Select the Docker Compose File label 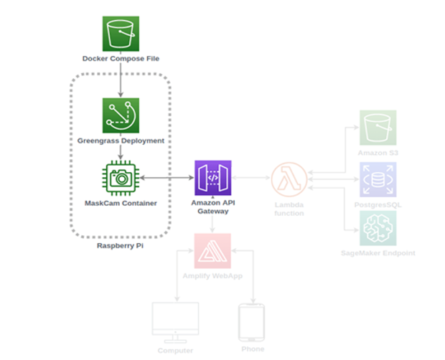coord(121,58)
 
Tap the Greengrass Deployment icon coord(121,115)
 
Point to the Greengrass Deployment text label coord(121,141)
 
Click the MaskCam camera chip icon coord(121,177)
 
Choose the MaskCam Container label coord(121,203)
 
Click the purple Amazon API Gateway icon coord(212,177)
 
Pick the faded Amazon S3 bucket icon coord(378,128)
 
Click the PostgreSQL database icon coord(378,179)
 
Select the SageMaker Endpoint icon coord(378,229)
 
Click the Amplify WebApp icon coord(212,251)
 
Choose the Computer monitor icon coord(176,322)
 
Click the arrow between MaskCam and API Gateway coord(167,177)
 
